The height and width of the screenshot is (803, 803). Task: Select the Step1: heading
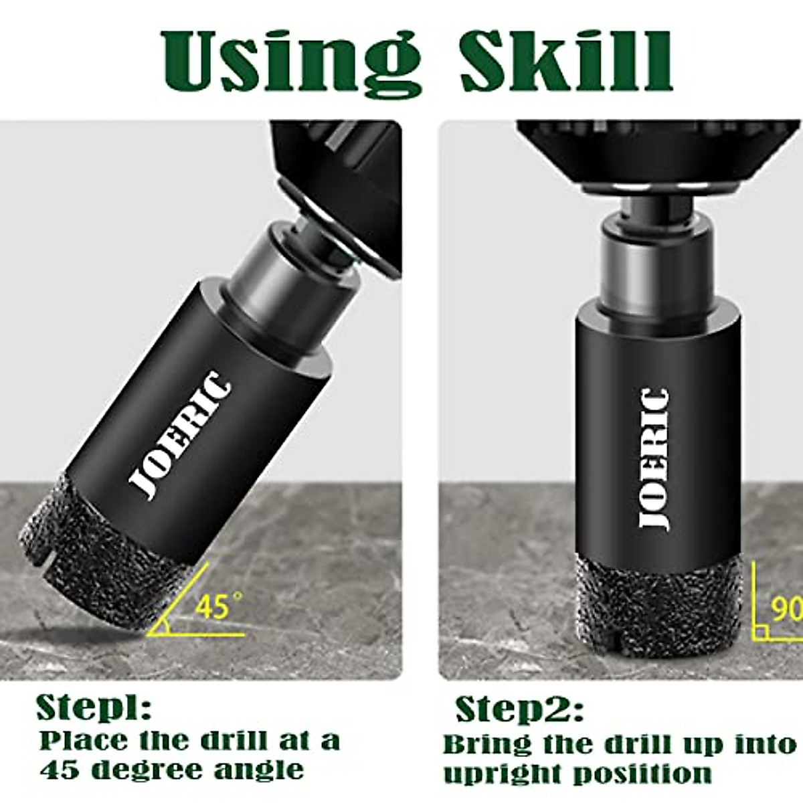(x=94, y=707)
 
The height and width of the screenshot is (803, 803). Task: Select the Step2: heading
(x=519, y=709)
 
